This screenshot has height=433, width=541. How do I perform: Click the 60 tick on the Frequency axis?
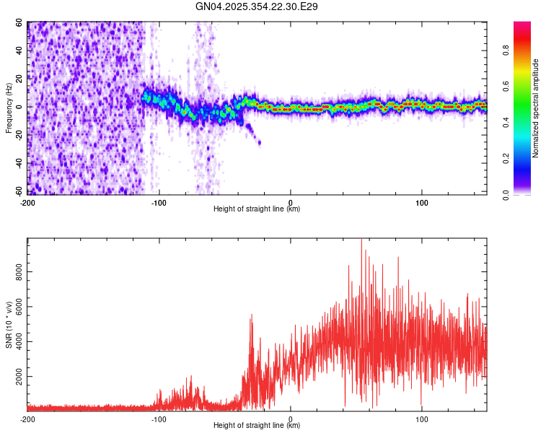(x=21, y=23)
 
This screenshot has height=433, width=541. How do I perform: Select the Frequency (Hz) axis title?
(x=9, y=108)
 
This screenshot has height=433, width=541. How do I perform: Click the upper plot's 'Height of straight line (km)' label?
(x=257, y=209)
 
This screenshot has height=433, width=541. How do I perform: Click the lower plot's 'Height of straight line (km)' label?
(x=257, y=426)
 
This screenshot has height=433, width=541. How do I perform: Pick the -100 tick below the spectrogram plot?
(x=159, y=201)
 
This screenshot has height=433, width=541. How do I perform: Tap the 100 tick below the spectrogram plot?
(x=422, y=201)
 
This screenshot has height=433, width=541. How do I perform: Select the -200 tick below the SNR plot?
(x=27, y=418)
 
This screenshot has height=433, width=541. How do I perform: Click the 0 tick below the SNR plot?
(x=291, y=418)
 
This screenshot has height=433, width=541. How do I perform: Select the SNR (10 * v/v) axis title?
(x=9, y=325)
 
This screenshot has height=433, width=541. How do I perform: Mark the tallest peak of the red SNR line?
(x=362, y=240)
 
